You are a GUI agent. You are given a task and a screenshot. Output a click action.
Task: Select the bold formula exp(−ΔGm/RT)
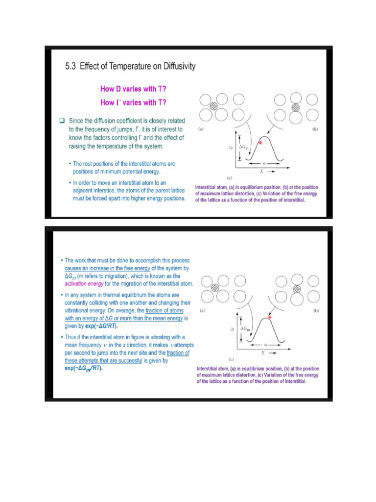(84, 369)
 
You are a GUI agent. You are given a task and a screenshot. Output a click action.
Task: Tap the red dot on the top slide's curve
(261, 142)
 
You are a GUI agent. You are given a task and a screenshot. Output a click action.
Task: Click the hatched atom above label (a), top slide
(213, 106)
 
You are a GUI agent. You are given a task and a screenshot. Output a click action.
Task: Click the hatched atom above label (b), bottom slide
(296, 288)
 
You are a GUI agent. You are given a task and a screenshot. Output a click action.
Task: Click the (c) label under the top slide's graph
(229, 177)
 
